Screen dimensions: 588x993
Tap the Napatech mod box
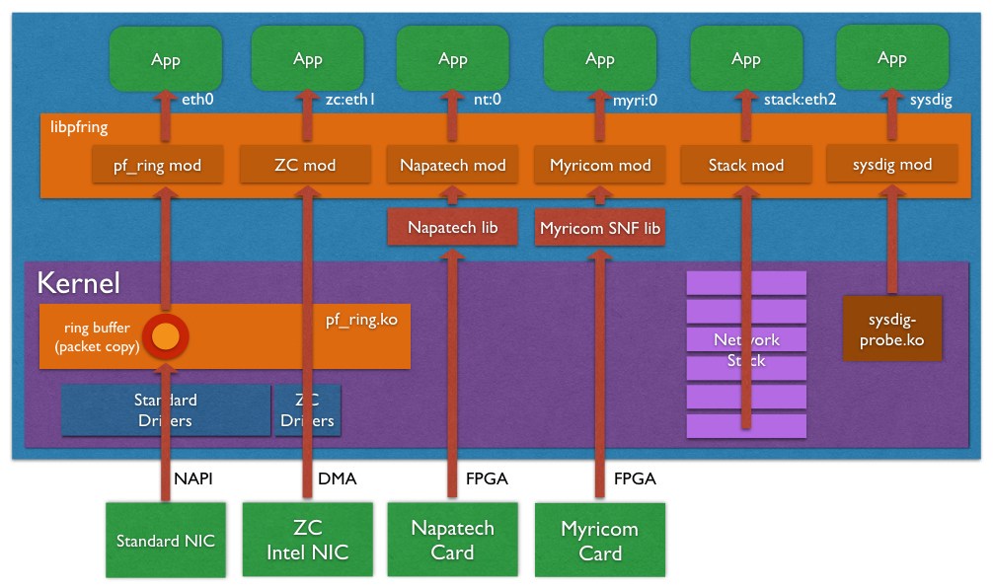click(x=452, y=165)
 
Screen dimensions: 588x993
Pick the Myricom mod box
click(x=599, y=165)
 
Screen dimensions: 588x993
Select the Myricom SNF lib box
click(x=600, y=228)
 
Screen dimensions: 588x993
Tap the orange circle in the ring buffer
click(x=165, y=336)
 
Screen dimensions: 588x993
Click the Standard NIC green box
click(x=166, y=541)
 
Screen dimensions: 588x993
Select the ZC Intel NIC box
click(x=308, y=540)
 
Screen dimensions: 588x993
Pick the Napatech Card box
click(x=453, y=540)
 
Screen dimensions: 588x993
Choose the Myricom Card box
click(x=599, y=541)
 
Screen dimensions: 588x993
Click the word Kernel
click(x=79, y=284)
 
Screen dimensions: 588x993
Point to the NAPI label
click(x=193, y=478)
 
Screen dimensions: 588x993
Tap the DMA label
click(x=337, y=478)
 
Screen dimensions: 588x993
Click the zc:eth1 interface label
click(x=350, y=100)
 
